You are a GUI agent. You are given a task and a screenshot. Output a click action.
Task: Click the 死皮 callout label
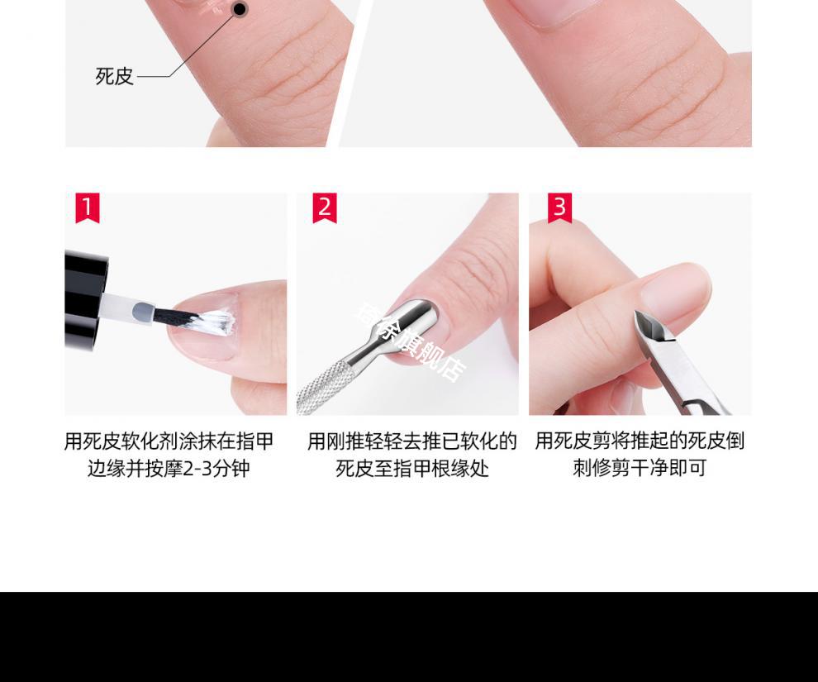coord(114,76)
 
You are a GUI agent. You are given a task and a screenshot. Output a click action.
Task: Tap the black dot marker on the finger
coord(240,10)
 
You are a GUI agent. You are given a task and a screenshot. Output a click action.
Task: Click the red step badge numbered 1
coord(88,207)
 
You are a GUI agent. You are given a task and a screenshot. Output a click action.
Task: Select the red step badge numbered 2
coord(325,207)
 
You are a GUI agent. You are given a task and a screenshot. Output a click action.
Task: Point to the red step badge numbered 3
coord(559,207)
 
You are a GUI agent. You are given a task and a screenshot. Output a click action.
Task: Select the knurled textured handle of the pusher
coord(322,384)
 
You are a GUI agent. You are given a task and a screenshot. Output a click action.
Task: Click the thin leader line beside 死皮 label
coord(190,58)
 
